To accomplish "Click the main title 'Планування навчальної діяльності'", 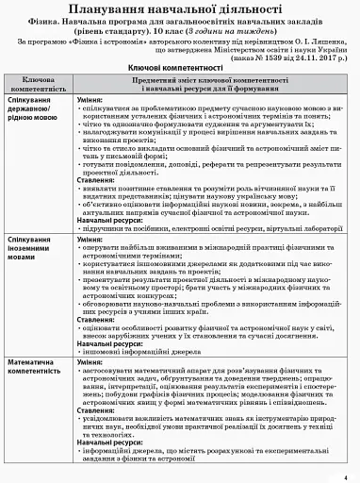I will click(x=179, y=9).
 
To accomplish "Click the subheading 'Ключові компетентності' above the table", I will click(x=179, y=70).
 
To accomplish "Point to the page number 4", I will click(x=346, y=476).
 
